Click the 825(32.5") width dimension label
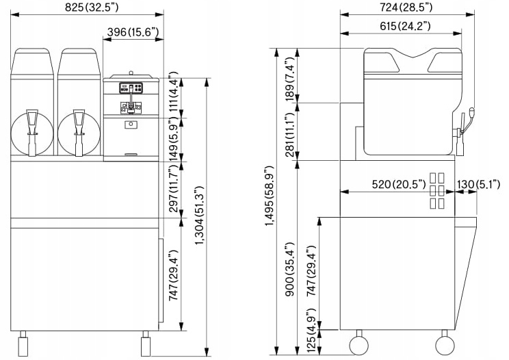92,7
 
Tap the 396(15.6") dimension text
133,31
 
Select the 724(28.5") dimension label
406,7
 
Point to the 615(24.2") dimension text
405,25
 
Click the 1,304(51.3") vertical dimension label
199,216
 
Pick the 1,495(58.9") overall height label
270,196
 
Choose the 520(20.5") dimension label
399,184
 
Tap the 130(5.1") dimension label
479,184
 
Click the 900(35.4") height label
289,269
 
